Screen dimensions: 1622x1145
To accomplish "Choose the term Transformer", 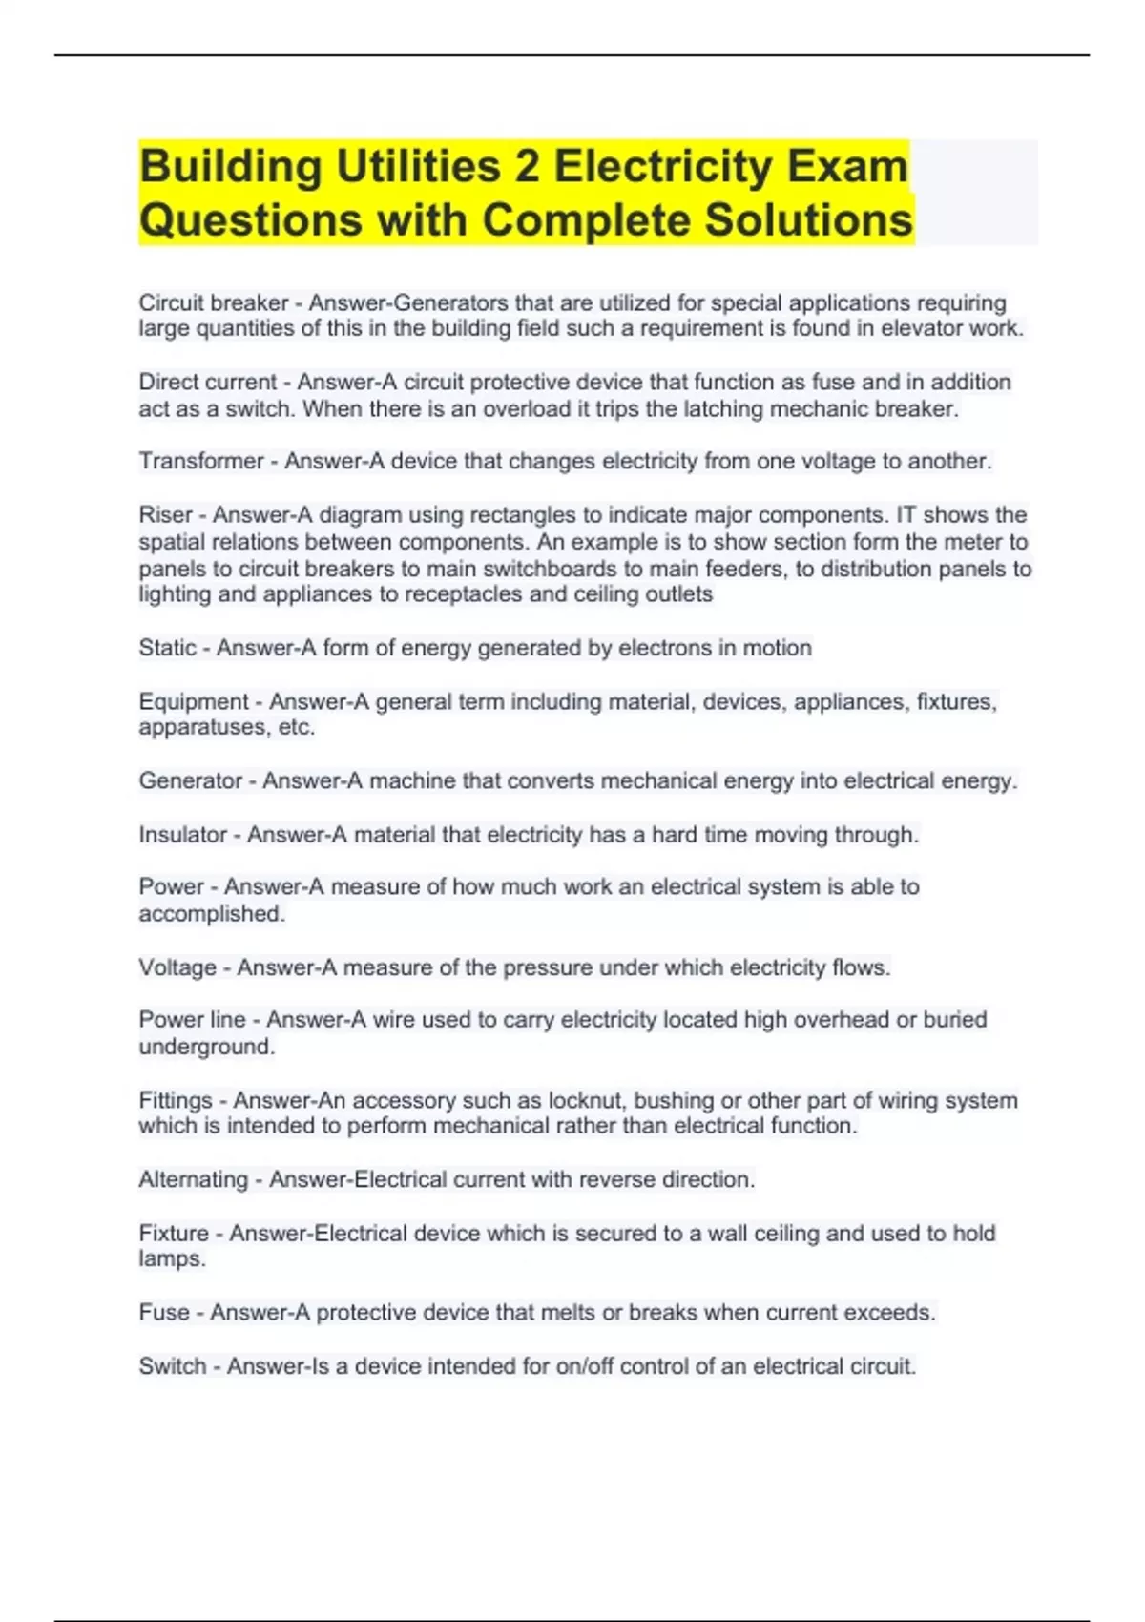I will coord(201,462).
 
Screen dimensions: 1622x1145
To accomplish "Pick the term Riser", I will coord(166,515).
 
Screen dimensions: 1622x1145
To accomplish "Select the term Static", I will coord(168,649).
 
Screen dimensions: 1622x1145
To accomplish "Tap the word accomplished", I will coord(211,914).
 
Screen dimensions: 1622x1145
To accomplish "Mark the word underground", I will coord(206,1048).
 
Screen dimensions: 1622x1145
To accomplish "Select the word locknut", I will coord(587,1101).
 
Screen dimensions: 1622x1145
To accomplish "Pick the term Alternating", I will coord(194,1180).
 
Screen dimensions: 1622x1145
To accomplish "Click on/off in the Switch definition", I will coord(583,1367).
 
